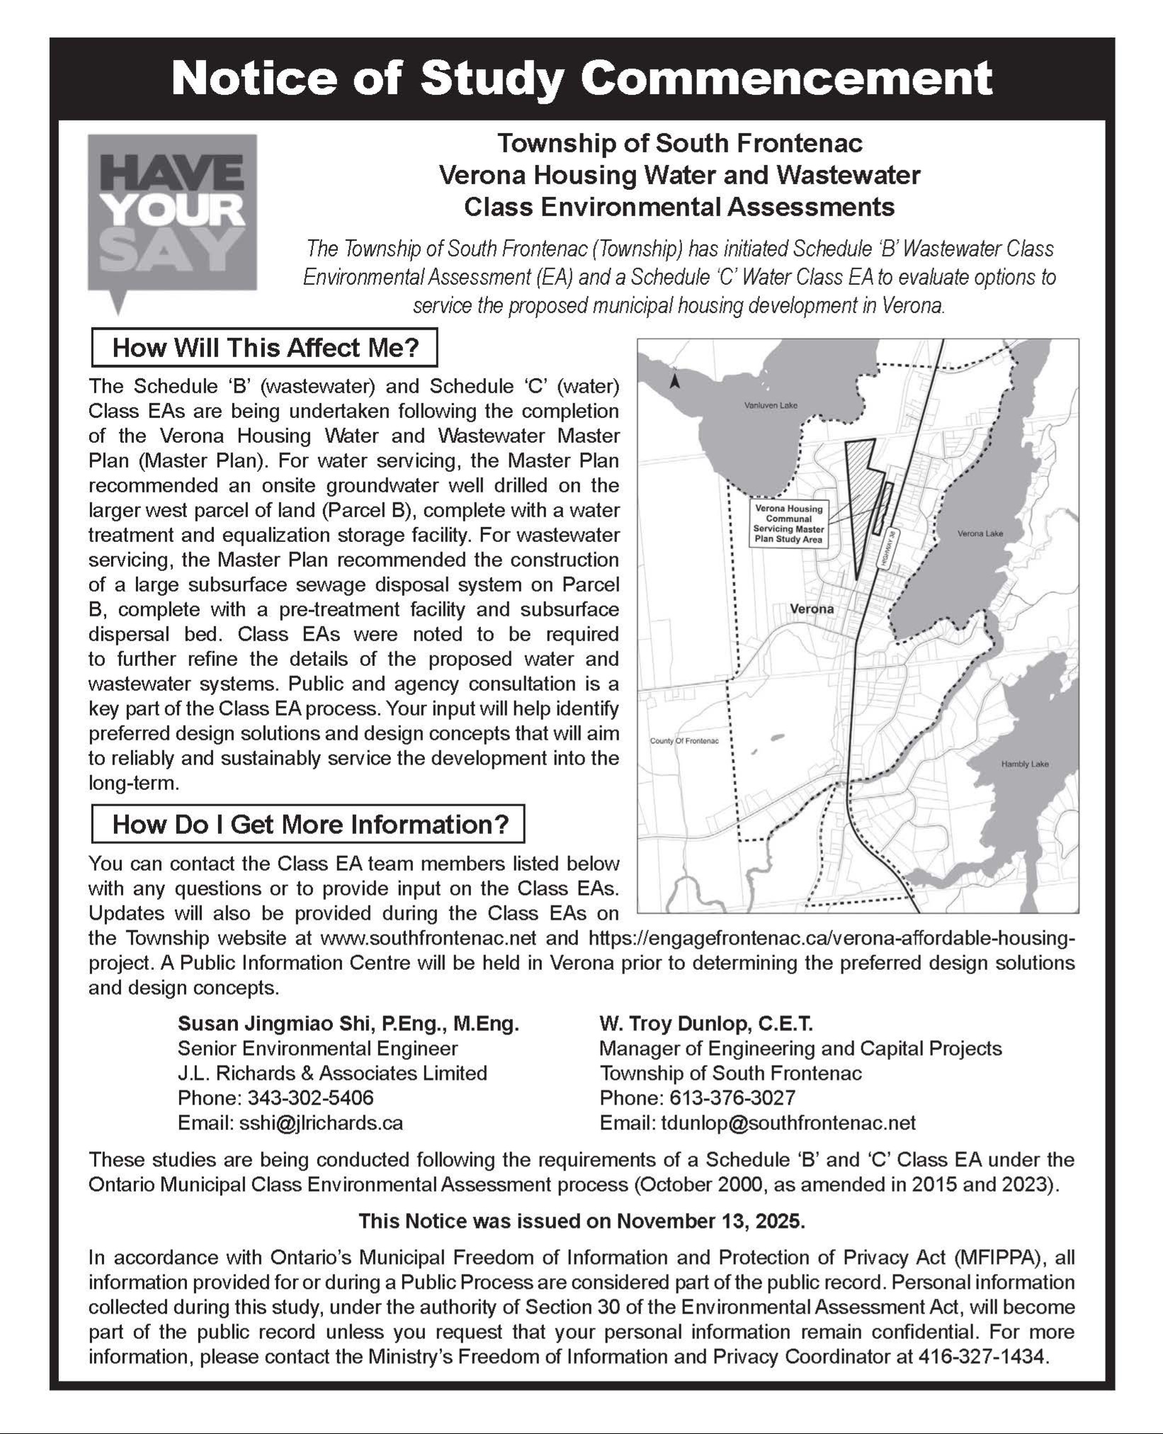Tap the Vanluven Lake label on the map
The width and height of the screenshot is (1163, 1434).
771,405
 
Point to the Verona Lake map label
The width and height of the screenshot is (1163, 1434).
980,533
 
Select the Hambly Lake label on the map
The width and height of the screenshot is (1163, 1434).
1024,764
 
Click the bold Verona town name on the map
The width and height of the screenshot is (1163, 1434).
812,609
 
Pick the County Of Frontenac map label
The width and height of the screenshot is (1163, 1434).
684,741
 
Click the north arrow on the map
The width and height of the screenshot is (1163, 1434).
675,382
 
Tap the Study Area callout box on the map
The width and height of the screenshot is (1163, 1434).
788,524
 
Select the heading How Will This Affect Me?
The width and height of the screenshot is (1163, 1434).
265,348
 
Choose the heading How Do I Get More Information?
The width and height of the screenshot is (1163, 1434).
309,824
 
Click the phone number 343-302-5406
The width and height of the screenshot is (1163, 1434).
310,1097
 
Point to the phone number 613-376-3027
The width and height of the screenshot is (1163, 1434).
732,1097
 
